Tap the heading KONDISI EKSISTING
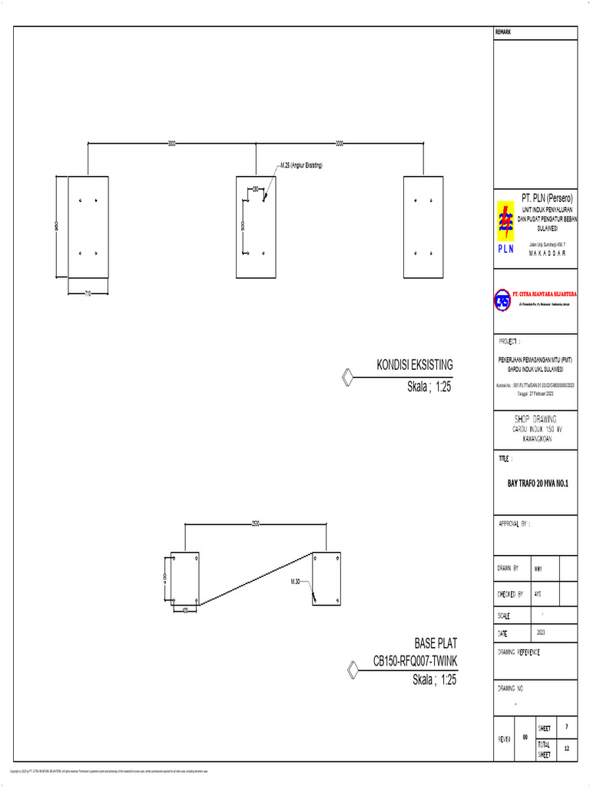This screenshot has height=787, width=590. [414, 364]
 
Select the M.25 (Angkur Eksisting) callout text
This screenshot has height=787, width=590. [301, 165]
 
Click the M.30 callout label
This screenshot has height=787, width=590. [297, 582]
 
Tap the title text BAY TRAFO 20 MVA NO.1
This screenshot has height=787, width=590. [532, 484]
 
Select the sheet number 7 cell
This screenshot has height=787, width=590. [566, 726]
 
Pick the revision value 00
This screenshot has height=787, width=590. [525, 737]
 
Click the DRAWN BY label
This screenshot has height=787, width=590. [508, 568]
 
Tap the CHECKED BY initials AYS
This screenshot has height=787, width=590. [538, 594]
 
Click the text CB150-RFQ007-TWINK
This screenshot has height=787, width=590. [414, 661]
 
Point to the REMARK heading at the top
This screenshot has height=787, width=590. [503, 32]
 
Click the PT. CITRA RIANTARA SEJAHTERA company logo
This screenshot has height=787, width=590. [502, 301]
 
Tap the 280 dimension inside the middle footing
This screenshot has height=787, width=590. [255, 188]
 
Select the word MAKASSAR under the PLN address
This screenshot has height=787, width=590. [548, 252]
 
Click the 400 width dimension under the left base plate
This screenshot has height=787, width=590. [185, 610]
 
